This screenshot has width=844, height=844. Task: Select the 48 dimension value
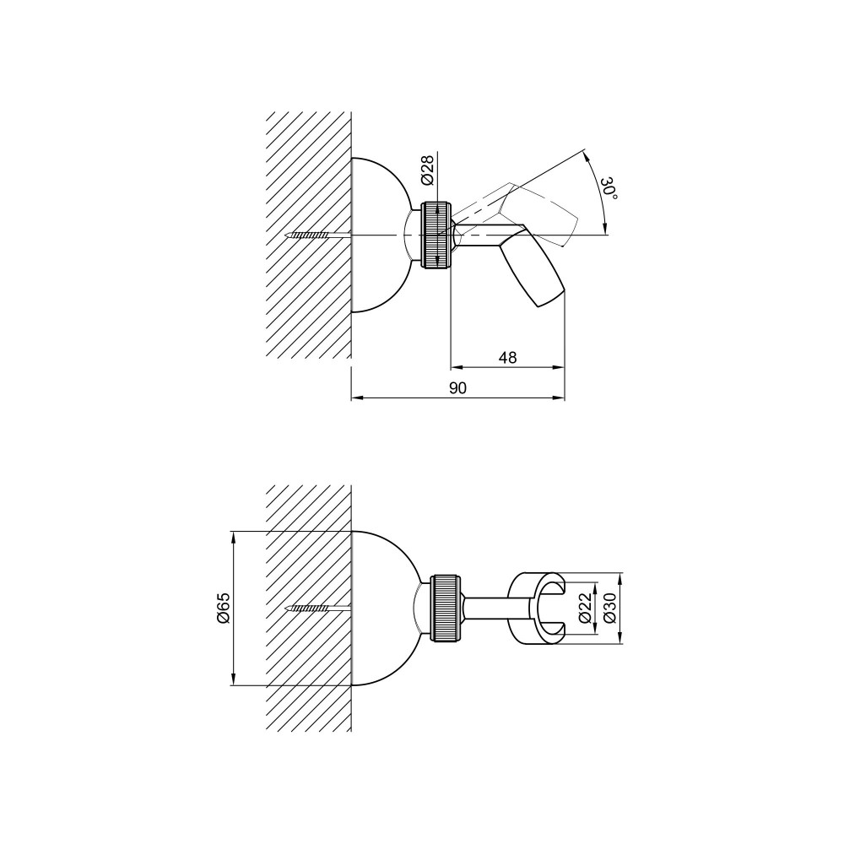point(507,357)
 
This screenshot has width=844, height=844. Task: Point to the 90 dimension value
point(457,388)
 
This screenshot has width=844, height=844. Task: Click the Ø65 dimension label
point(224,609)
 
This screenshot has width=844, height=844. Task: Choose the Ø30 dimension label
point(609,609)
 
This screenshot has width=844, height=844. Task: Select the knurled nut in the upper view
point(438,235)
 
